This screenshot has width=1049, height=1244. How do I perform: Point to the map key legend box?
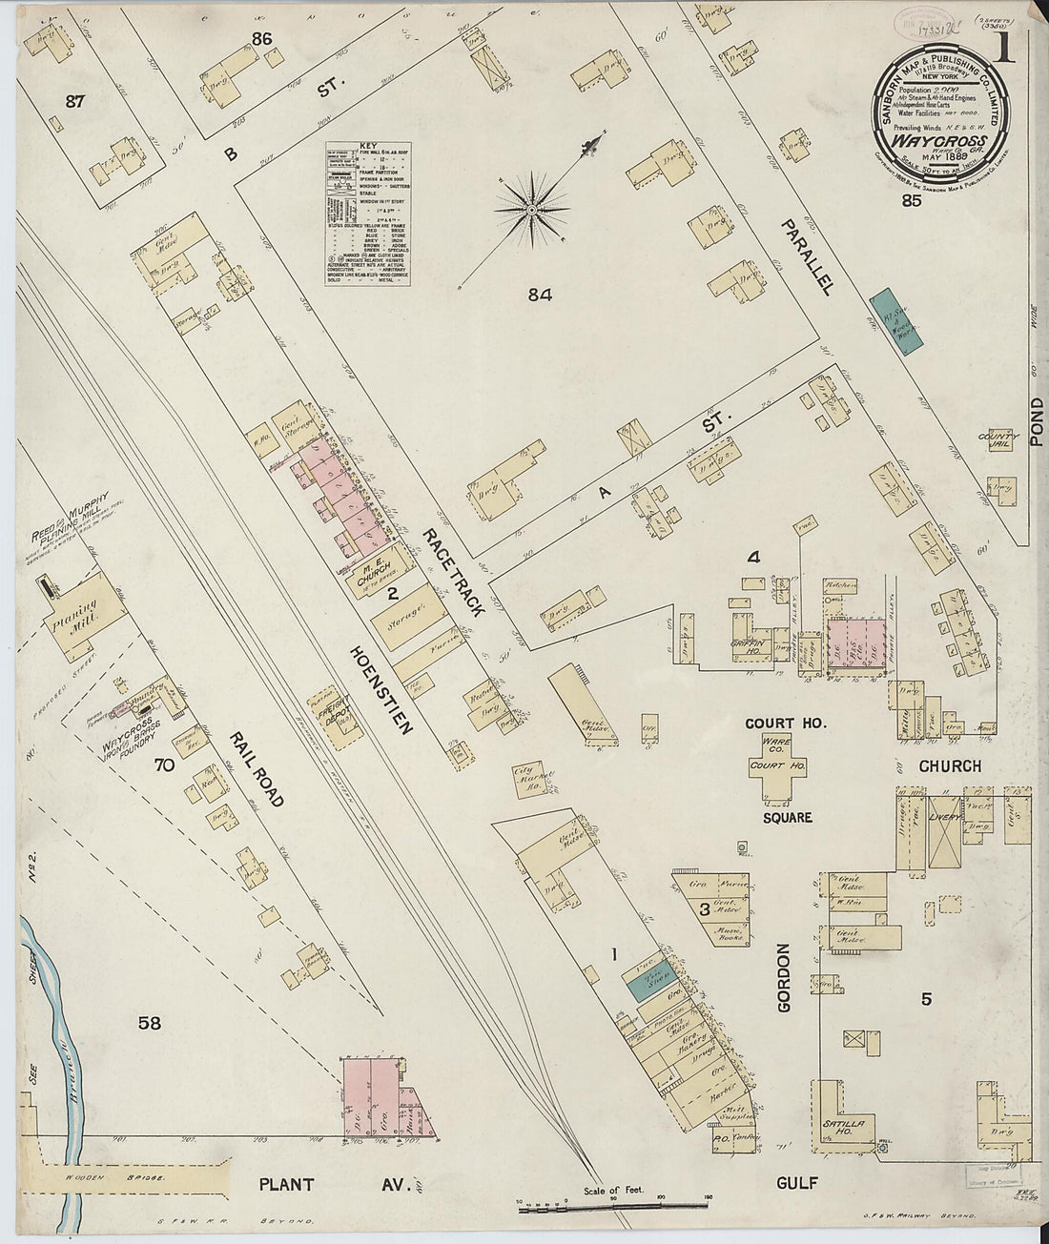pos(367,215)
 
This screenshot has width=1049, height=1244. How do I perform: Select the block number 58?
pos(149,1024)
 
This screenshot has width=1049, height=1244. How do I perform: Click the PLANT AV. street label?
pos(334,1186)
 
